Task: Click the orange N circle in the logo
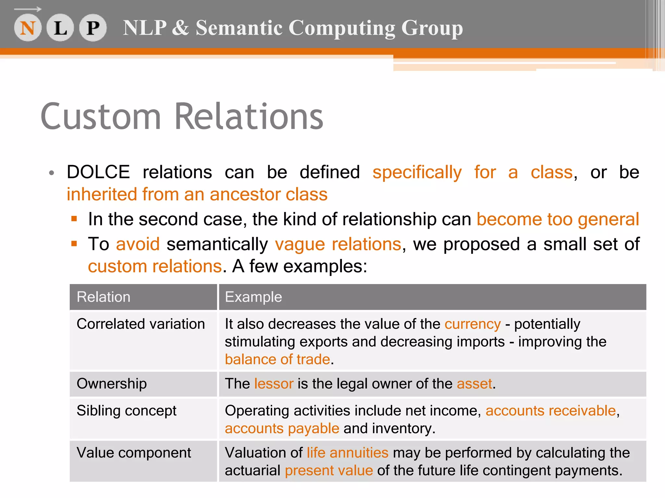pos(28,28)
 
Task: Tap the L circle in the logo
pos(60,28)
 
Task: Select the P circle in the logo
pos(93,28)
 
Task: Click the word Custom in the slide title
pos(101,117)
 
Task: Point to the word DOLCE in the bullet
pos(98,172)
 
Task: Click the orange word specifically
pos(417,172)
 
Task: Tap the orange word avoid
pos(138,244)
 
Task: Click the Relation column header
pos(104,297)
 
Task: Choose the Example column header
pos(253,297)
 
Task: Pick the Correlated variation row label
pos(141,324)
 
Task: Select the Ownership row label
pos(112,384)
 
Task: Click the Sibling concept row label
pos(126,411)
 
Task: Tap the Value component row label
pos(134,453)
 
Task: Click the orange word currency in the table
pos(472,324)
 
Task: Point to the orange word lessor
pos(274,384)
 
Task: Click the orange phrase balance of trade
pos(277,360)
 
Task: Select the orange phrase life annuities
pos(347,453)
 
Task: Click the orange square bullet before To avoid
pos(74,243)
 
